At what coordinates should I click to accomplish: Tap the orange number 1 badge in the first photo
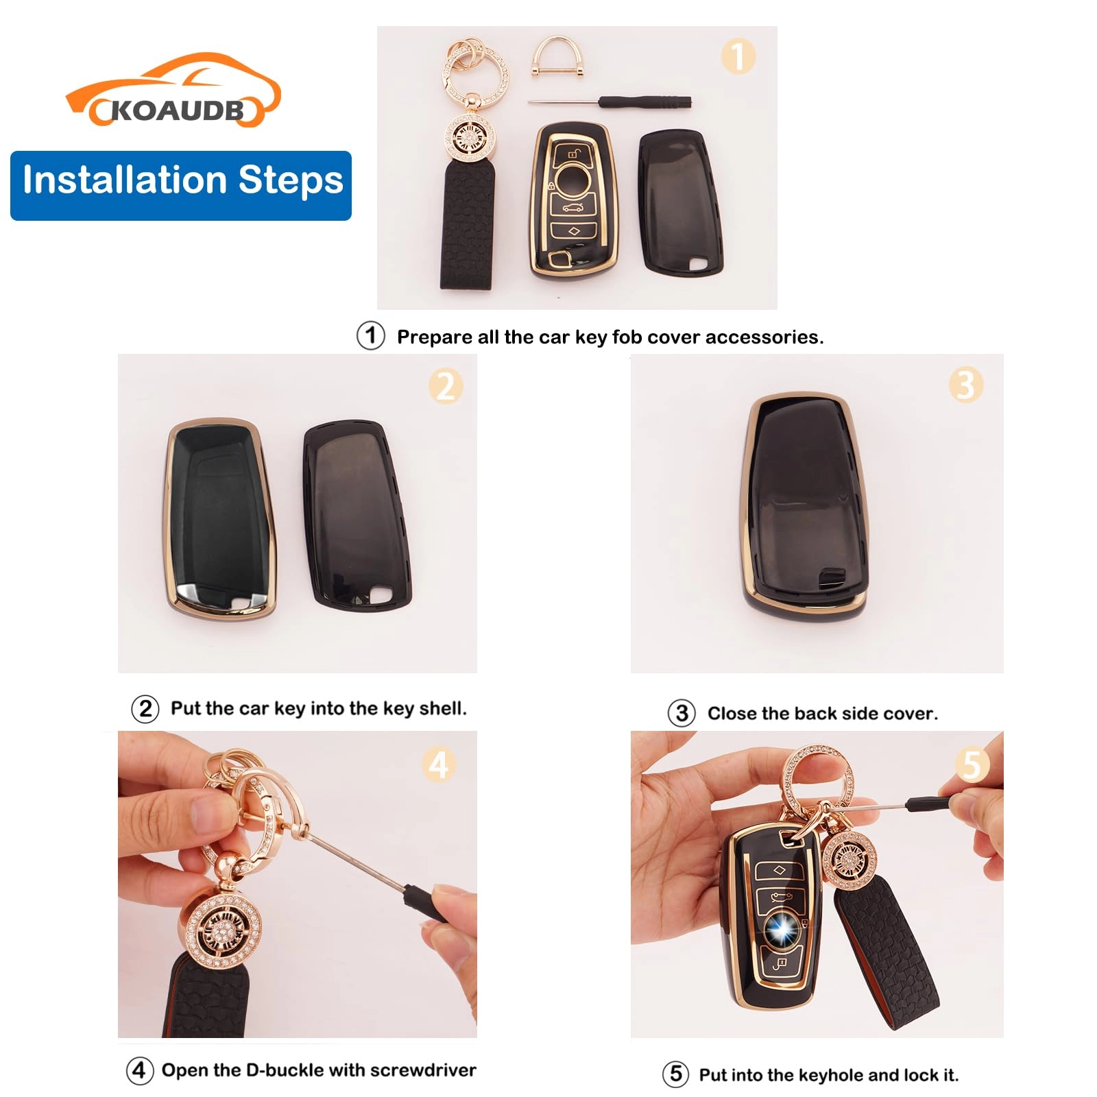pyautogui.click(x=738, y=56)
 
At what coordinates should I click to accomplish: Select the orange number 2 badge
pyautogui.click(x=446, y=385)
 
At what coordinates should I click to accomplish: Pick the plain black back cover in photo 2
pyautogui.click(x=357, y=514)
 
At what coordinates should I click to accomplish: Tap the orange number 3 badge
pyautogui.click(x=965, y=385)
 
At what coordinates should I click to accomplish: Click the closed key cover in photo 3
pyautogui.click(x=806, y=504)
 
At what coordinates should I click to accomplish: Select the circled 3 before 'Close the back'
pyautogui.click(x=682, y=713)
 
